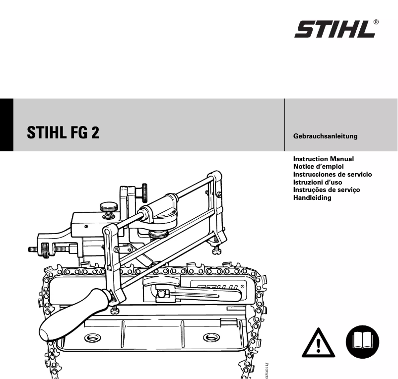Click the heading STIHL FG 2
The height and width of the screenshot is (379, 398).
pos(63,133)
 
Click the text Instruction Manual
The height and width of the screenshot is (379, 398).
pos(323,159)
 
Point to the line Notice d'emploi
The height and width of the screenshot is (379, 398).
pos(318,167)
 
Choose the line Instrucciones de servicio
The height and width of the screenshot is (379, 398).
pos(332,175)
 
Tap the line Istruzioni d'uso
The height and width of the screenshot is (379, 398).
pos(318,182)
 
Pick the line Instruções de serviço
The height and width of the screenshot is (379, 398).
pos(327,190)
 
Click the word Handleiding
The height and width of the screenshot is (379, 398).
pos(312,197)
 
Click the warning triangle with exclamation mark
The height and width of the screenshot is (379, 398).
pos(319,342)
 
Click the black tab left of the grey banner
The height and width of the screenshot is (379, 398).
pos(6,125)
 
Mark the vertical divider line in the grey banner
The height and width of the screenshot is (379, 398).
pos(284,125)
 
